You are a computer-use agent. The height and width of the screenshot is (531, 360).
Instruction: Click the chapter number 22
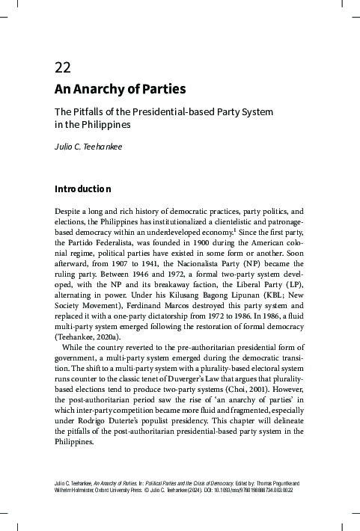tap(63, 68)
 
